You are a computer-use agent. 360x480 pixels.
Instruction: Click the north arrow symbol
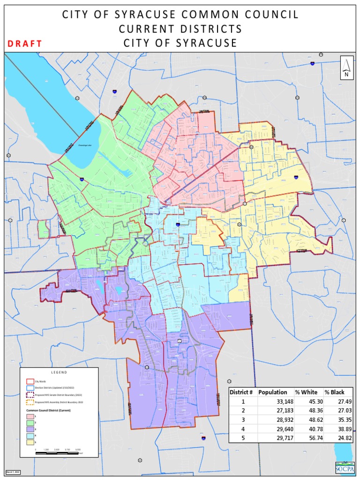(346, 68)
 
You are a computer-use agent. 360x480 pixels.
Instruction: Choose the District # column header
(242, 392)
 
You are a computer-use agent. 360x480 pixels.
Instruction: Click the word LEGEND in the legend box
(59, 372)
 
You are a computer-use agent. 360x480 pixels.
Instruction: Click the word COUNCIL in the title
(271, 15)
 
